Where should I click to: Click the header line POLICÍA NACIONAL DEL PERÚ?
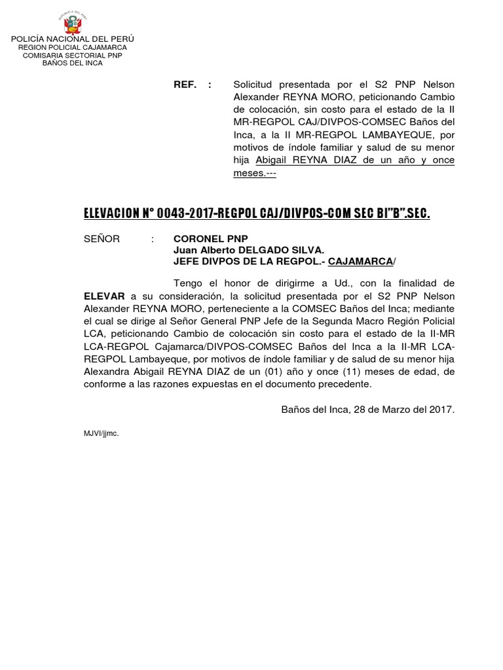click(72, 40)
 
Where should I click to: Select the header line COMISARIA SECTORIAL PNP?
click(72, 56)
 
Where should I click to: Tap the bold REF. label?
click(185, 85)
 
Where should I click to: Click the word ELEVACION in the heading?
click(111, 213)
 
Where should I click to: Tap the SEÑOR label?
click(102, 239)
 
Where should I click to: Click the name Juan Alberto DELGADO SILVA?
click(248, 250)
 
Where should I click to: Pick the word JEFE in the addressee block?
click(186, 261)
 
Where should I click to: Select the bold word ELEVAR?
click(104, 296)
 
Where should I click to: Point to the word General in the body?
click(239, 321)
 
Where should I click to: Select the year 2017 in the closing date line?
click(441, 410)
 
